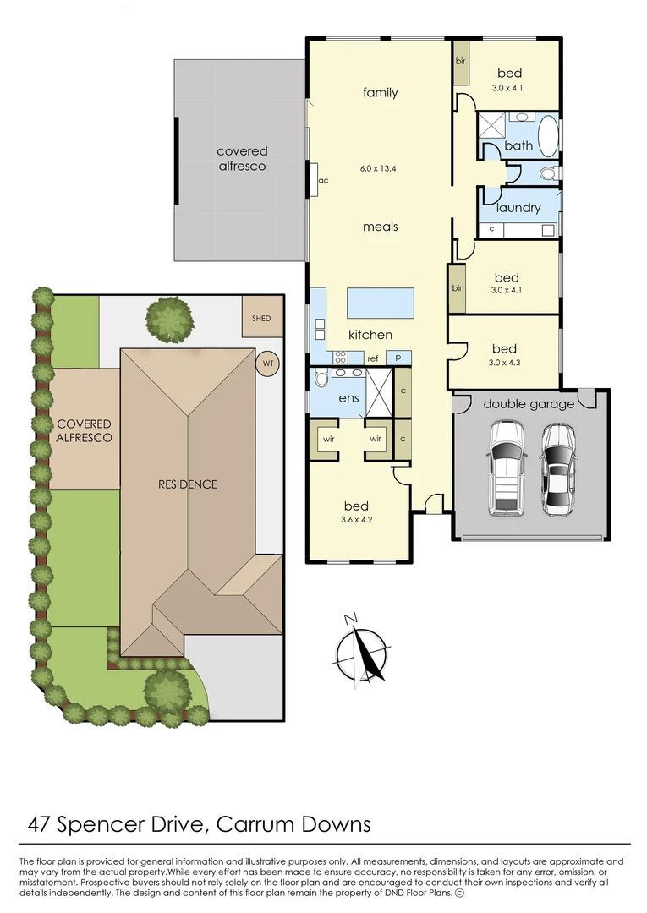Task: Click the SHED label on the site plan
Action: point(260,319)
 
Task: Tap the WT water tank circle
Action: point(268,364)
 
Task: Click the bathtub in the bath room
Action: point(548,136)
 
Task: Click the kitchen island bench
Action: point(381,303)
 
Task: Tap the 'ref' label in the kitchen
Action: point(373,358)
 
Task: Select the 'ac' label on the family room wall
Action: point(324,181)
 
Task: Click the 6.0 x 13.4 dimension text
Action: point(378,169)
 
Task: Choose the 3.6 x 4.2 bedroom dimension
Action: point(356,519)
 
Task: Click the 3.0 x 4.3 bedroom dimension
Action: point(504,362)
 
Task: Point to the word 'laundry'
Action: point(518,208)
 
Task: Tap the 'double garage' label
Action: point(529,403)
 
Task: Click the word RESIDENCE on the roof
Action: point(188,484)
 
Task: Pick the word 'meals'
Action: point(381,227)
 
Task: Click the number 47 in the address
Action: point(39,824)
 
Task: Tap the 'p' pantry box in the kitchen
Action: point(398,357)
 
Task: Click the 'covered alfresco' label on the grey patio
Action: point(242,158)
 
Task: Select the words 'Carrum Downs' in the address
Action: point(293,824)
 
